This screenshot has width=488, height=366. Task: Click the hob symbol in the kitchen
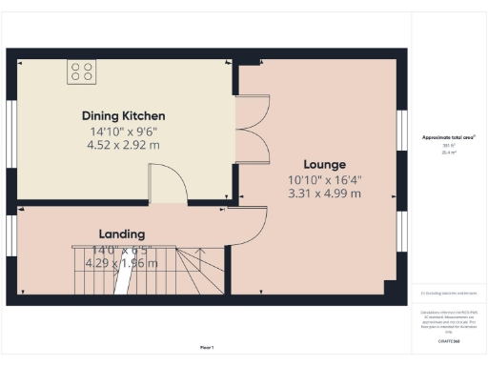(x=81, y=71)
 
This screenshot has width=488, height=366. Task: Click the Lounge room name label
(x=324, y=163)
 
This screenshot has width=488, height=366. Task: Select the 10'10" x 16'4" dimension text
(x=324, y=178)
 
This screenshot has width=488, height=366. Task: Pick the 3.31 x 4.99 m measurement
(x=324, y=193)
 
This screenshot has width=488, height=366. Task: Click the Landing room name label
(x=122, y=234)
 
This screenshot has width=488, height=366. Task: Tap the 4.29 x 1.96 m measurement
(x=122, y=263)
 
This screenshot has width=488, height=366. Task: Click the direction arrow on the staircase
(x=120, y=280)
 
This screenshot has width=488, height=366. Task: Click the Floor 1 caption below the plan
(x=206, y=346)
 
